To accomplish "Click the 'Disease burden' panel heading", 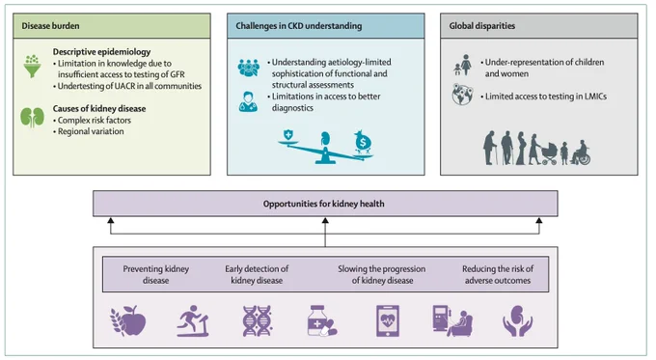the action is [x=50, y=26].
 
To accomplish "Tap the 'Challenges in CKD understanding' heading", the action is [x=299, y=26].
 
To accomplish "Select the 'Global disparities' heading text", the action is [x=482, y=26].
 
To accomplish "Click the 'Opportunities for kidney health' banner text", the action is [x=323, y=204].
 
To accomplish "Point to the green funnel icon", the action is [x=32, y=67].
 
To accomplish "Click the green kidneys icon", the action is [x=32, y=118].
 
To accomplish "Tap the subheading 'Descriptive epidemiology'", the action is [x=101, y=52].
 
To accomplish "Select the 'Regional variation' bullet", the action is [x=91, y=131].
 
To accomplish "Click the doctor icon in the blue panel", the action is [x=248, y=101].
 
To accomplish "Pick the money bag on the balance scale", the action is [x=363, y=142].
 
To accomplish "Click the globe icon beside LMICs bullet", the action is [x=462, y=95].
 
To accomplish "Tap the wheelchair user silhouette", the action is [x=581, y=152].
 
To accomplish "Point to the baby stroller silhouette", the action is [x=549, y=153].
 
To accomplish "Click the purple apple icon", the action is [x=128, y=320].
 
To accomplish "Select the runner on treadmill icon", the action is [x=193, y=321].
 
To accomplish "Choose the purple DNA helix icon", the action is [x=258, y=321].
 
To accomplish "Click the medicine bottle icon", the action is [x=321, y=321].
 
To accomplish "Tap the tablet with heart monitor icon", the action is [x=388, y=321].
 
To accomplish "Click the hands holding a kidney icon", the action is [x=517, y=321].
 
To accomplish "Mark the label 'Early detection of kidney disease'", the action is [x=257, y=275].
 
